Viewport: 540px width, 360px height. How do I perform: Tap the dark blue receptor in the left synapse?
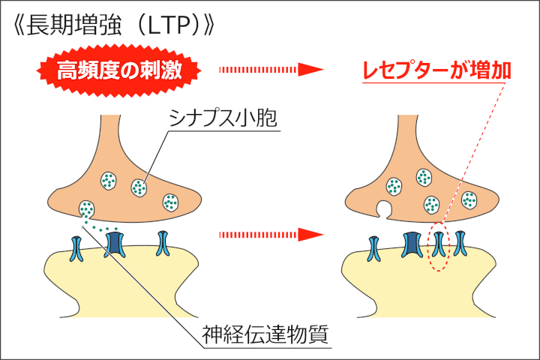pos(115,243)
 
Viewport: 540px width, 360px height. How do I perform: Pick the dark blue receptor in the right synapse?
pos(412,244)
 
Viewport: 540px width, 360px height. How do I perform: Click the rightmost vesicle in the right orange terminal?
pos(469,199)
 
